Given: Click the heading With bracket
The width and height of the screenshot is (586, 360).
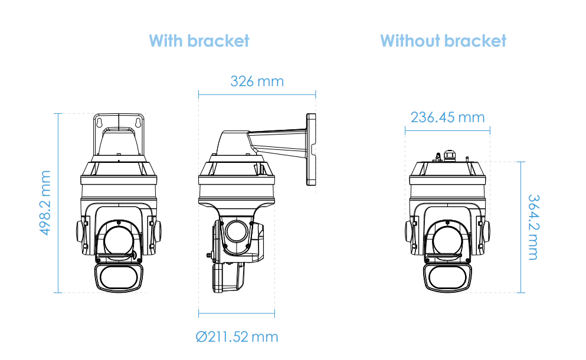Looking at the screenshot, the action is pos(199,41).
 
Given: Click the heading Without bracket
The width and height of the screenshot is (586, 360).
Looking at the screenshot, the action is pos(443,41).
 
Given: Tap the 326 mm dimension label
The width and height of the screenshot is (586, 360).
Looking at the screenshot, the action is pos(257,81).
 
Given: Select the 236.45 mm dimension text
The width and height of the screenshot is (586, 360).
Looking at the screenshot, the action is pos(448,117).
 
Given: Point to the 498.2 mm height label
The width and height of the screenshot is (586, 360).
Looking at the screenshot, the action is pos(45,203).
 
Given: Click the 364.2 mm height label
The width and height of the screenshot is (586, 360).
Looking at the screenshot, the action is pos(533,227).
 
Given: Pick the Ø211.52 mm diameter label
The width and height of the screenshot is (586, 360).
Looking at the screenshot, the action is pos(237,337).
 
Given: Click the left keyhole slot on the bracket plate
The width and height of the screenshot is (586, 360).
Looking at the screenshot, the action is pos(99,122).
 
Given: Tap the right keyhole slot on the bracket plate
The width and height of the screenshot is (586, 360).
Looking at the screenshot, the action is pos(138,122).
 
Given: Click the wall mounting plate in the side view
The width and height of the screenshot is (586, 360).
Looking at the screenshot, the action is pos(311,149).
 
